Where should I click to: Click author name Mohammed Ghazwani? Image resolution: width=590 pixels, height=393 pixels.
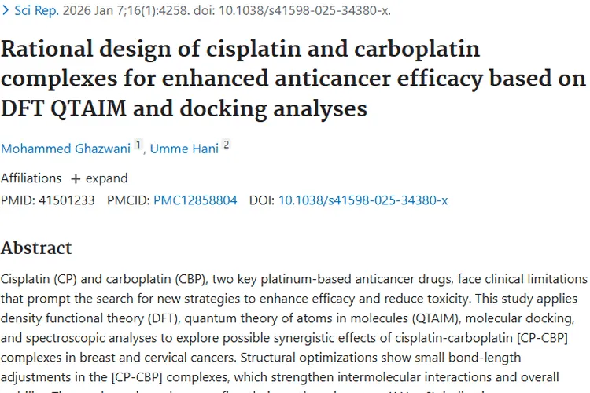[x=65, y=148]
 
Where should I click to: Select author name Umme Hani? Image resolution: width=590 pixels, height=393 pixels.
[x=183, y=148]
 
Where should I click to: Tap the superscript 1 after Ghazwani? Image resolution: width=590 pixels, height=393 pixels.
[x=138, y=145]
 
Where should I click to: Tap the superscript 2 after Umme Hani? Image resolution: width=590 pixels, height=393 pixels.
[x=227, y=145]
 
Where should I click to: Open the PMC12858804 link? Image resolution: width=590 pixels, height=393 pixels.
[x=195, y=200]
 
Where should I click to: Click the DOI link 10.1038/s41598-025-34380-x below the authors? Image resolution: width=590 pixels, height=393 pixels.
[x=363, y=200]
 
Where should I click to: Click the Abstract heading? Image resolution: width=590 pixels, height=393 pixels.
[x=36, y=248]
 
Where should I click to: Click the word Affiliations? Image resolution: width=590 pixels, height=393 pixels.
[x=31, y=178]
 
